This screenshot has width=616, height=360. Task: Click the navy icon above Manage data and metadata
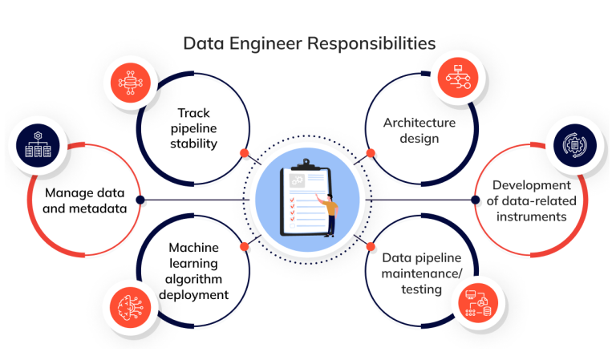[34, 146]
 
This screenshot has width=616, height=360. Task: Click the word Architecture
[419, 123]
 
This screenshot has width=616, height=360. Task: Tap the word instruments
[531, 216]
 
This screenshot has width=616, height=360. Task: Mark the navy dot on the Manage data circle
[140, 200]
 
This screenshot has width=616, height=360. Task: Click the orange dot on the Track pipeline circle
[245, 152]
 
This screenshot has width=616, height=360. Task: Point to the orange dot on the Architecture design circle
[371, 152]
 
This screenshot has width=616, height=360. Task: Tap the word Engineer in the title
[265, 42]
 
